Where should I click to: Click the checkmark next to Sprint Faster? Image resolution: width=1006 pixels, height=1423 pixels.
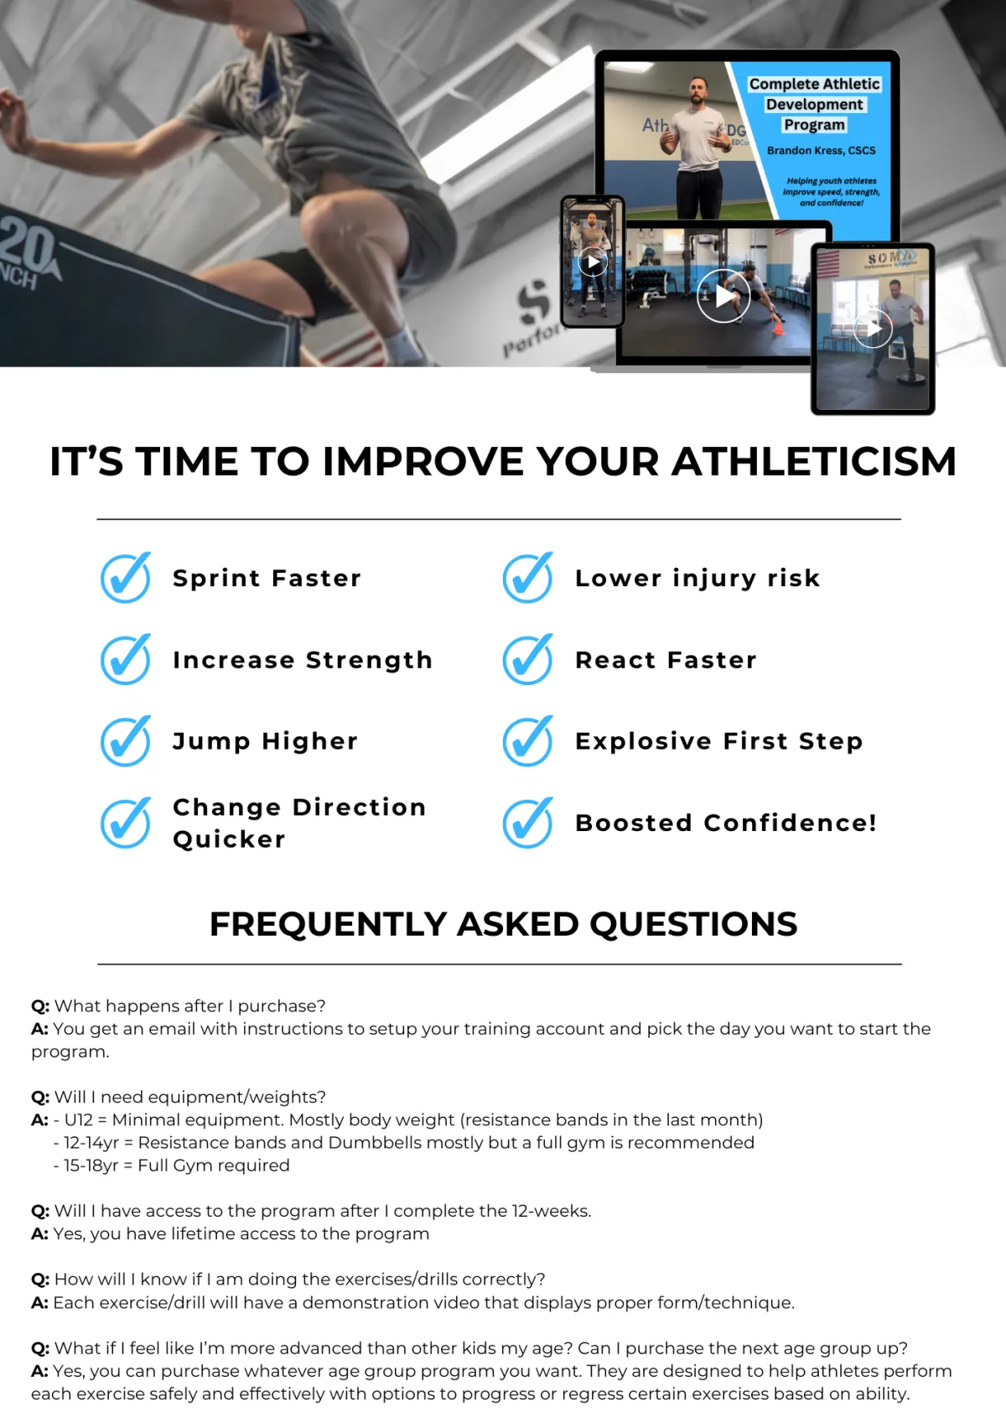[126, 578]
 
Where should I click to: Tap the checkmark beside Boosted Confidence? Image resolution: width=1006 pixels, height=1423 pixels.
[528, 823]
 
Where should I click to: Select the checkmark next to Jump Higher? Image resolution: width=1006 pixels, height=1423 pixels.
[126, 740]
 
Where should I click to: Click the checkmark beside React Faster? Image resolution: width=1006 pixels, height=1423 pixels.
[528, 659]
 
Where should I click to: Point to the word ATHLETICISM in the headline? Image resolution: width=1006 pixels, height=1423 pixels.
[814, 461]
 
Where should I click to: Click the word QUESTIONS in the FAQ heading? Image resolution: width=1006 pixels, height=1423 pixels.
[693, 924]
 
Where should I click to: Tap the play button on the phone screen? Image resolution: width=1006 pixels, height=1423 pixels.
[593, 262]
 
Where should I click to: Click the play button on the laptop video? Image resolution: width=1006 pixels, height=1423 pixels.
[723, 296]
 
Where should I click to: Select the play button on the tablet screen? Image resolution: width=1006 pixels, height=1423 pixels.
[873, 329]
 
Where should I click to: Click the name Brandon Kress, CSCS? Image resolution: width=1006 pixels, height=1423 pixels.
[822, 151]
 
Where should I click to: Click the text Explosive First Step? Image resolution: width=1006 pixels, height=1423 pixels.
[719, 741]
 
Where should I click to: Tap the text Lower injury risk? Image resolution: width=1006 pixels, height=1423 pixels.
[697, 578]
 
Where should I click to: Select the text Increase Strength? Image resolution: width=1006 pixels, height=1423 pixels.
[303, 660]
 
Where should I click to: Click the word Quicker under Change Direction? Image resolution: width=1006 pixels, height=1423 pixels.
[229, 839]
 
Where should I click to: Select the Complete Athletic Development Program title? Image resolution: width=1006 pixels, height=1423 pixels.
[814, 104]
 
